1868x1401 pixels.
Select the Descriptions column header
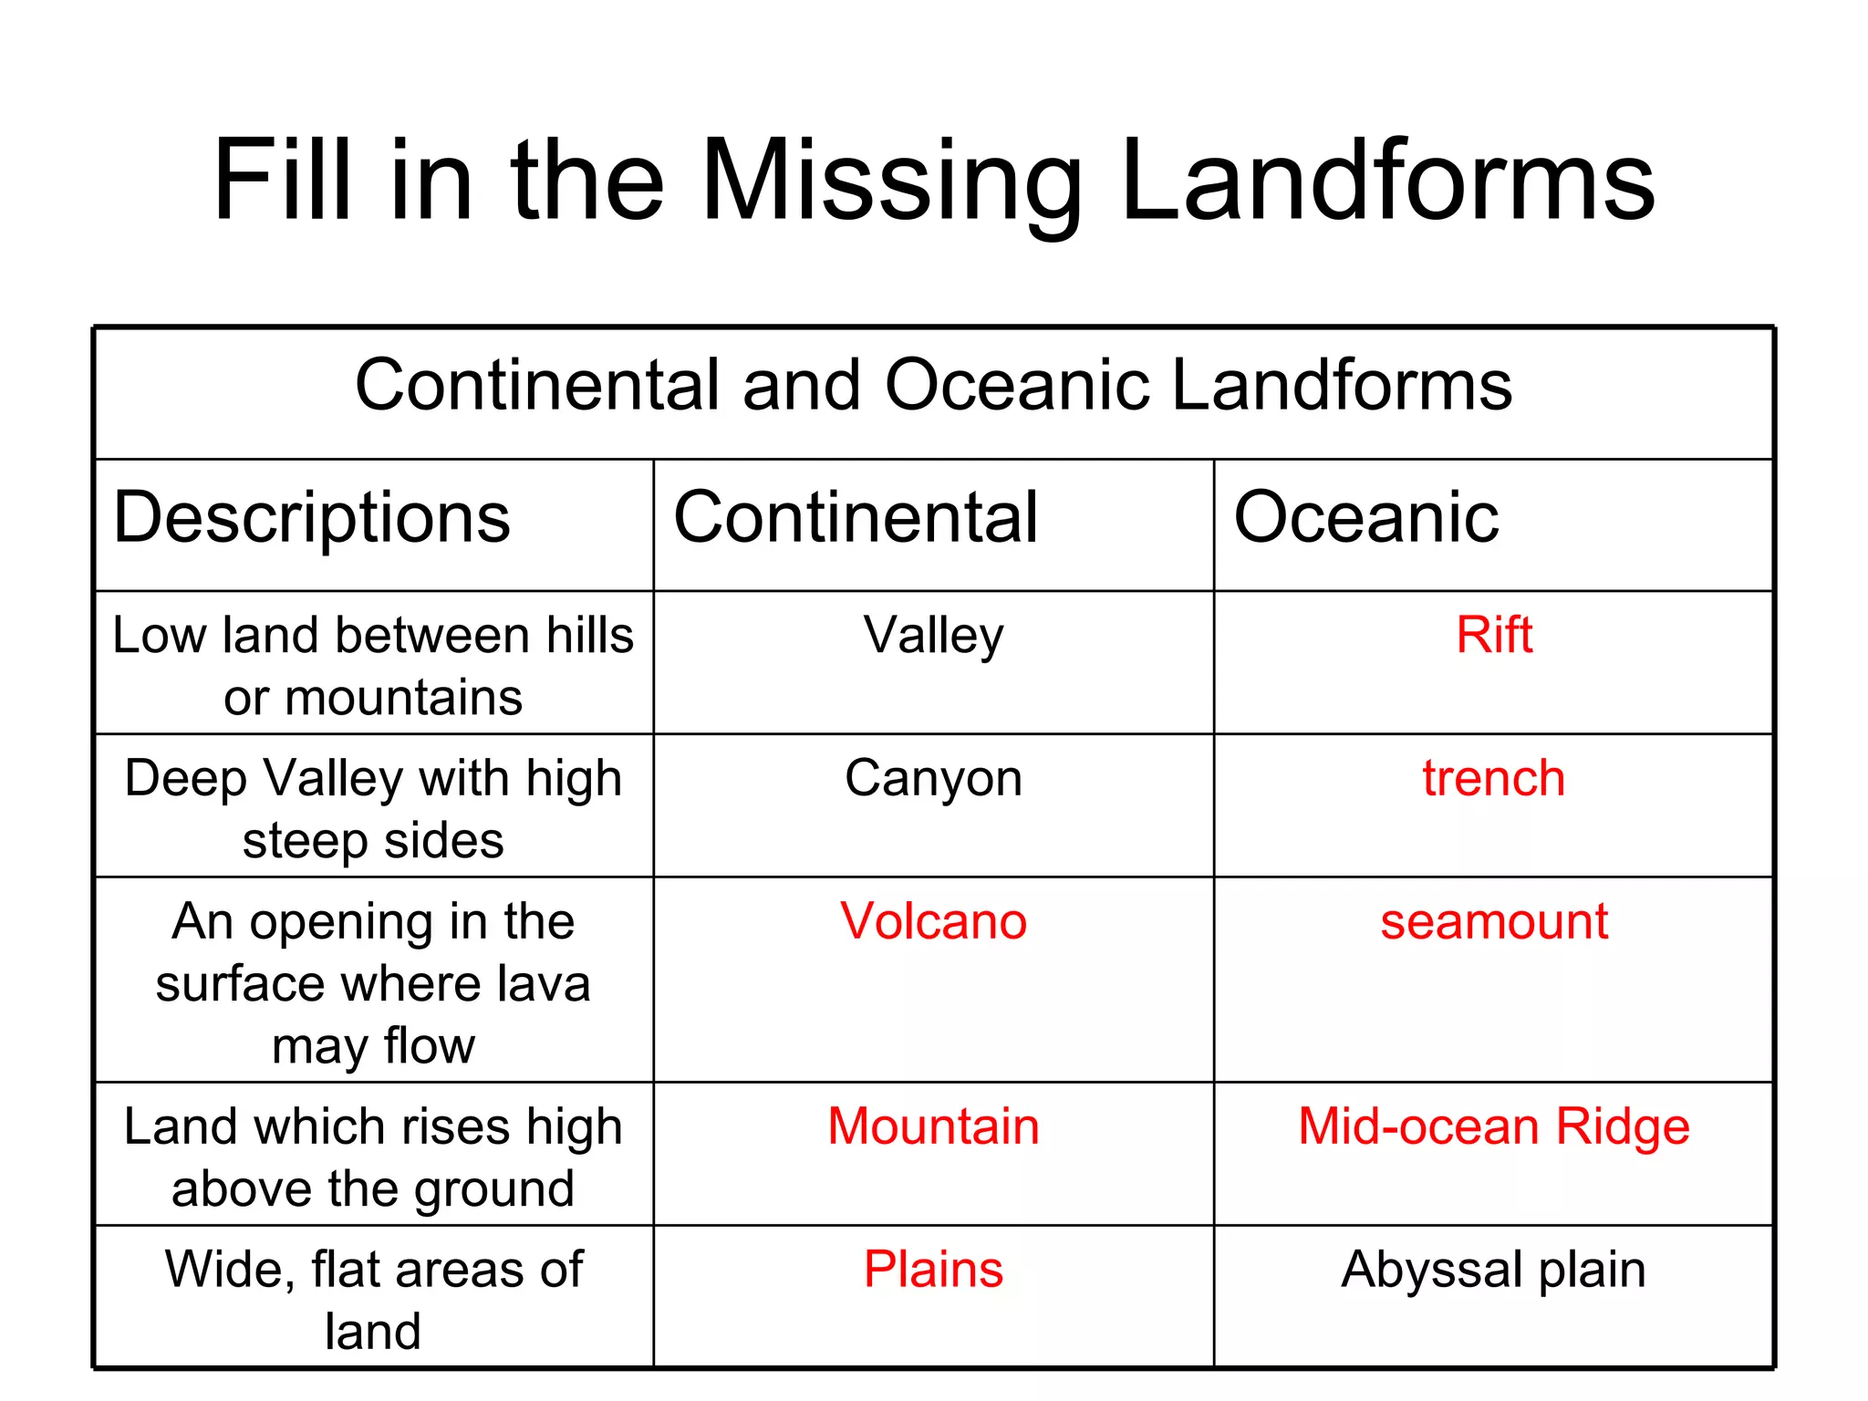tap(312, 517)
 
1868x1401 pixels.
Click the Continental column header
tap(856, 517)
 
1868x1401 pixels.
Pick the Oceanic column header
tap(1365, 517)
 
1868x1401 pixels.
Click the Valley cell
tap(933, 636)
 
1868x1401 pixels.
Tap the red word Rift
tap(1494, 635)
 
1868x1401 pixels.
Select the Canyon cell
tap(933, 778)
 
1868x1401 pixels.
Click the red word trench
tap(1494, 778)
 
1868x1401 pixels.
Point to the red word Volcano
tap(933, 921)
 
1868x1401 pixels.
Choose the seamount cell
tap(1494, 921)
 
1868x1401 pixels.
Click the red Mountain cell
tap(933, 1126)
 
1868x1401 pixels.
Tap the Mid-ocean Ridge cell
tap(1494, 1126)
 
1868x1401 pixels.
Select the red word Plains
tap(933, 1269)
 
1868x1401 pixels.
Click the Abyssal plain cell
tap(1494, 1269)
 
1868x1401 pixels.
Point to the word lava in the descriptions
tap(548, 983)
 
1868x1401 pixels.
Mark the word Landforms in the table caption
tap(1341, 385)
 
